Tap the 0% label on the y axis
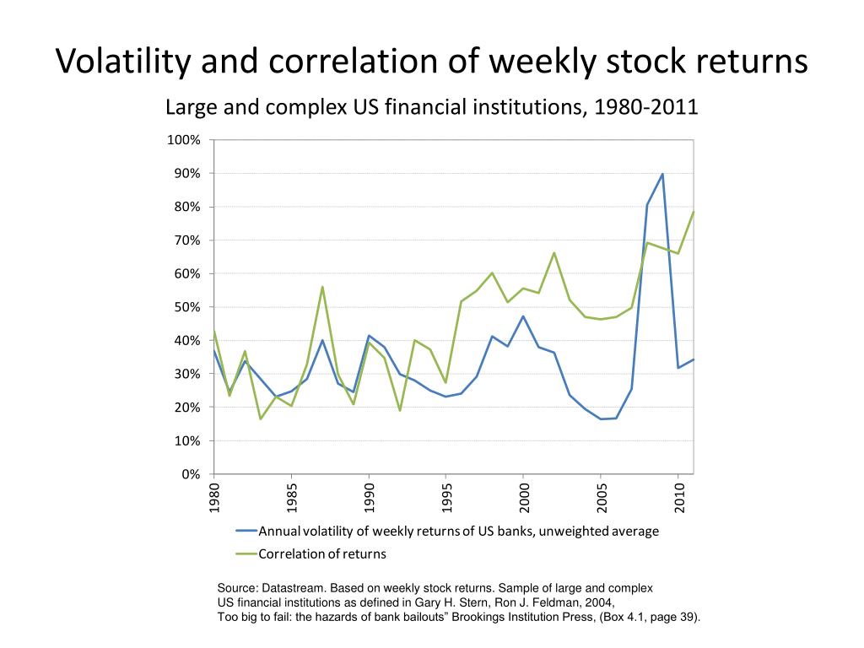click(x=192, y=474)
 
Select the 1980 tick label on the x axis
click(x=214, y=498)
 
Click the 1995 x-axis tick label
click(x=446, y=498)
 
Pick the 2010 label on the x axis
click(x=678, y=498)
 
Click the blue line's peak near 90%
click(x=662, y=174)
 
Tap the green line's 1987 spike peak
click(x=322, y=287)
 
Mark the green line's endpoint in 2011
click(x=694, y=211)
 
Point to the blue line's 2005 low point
click(x=601, y=419)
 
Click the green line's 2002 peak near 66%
click(x=554, y=252)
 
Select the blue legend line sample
click(x=246, y=532)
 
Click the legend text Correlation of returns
click(x=322, y=554)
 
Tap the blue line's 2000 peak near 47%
click(x=523, y=316)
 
